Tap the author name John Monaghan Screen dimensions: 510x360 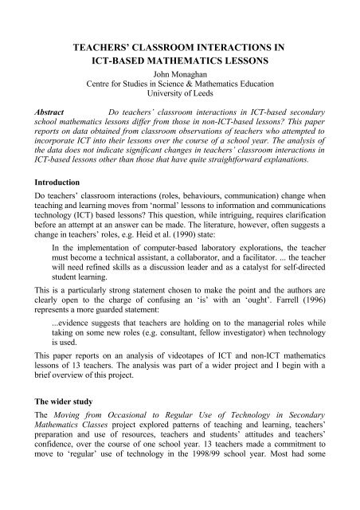point(179,77)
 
